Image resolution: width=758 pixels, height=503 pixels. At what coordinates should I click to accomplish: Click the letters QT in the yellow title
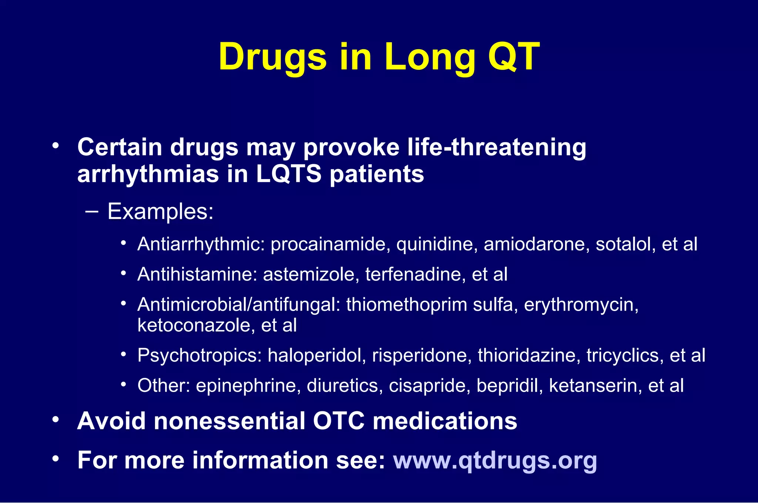pyautogui.click(x=514, y=57)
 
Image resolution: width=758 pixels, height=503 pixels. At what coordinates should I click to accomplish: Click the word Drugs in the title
pyautogui.click(x=273, y=57)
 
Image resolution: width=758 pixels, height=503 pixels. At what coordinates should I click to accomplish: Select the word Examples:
pyautogui.click(x=161, y=212)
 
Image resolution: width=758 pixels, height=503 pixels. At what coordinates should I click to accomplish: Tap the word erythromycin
pyautogui.click(x=581, y=305)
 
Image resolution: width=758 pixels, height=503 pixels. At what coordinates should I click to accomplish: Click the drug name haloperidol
pyautogui.click(x=316, y=355)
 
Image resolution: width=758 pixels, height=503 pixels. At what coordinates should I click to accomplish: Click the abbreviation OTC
pyautogui.click(x=339, y=421)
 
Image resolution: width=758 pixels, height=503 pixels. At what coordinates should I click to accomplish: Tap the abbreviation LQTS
pyautogui.click(x=289, y=174)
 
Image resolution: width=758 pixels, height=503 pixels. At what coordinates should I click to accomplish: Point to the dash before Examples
pyautogui.click(x=91, y=212)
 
